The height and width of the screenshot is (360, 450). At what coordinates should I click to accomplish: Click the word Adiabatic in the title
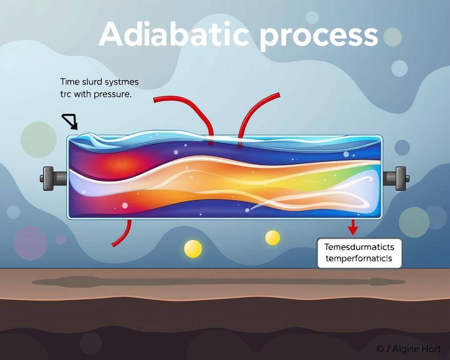pyautogui.click(x=173, y=34)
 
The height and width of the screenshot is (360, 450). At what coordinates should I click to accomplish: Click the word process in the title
pyautogui.click(x=319, y=36)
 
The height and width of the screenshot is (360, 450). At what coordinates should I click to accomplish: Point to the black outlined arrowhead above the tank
pyautogui.click(x=71, y=121)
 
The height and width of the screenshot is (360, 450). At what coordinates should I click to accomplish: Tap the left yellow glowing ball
pyautogui.click(x=193, y=248)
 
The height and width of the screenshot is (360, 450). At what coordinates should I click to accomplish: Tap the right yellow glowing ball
pyautogui.click(x=272, y=238)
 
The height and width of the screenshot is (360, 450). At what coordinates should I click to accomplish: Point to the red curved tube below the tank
pyautogui.click(x=123, y=234)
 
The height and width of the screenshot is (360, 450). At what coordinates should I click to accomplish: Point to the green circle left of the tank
pyautogui.click(x=38, y=139)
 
